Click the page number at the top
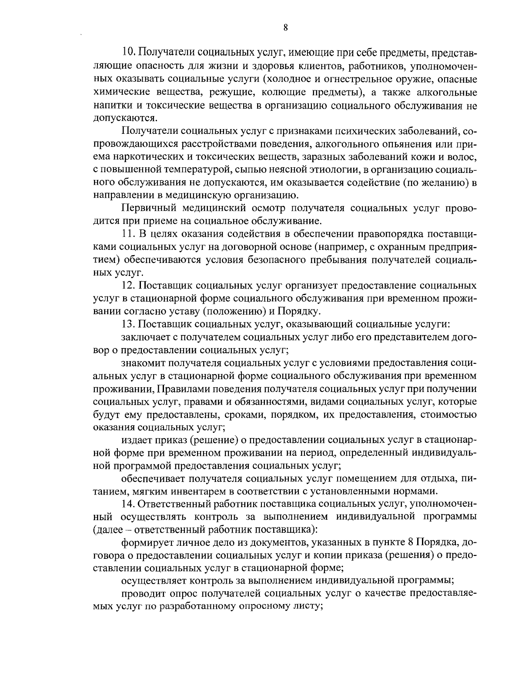pos(285,28)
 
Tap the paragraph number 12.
pos(129,286)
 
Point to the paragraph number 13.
pos(129,324)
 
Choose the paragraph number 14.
pos(129,504)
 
